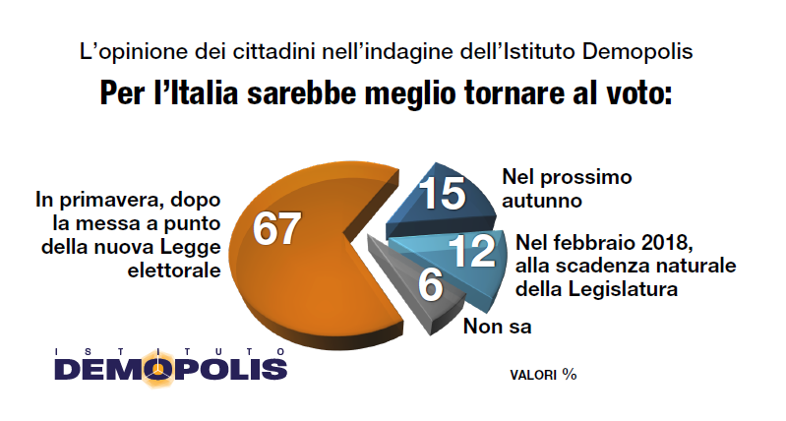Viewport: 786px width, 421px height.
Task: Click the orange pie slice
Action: tap(295, 275)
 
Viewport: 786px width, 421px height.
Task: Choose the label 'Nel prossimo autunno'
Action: tap(550, 189)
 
